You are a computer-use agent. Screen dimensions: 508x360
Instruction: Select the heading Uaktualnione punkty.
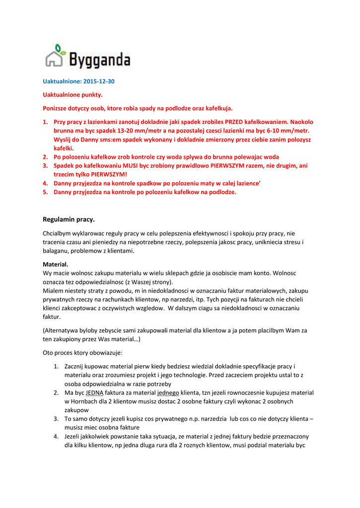[x=72, y=94]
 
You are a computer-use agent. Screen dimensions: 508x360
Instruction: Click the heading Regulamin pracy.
[x=69, y=219]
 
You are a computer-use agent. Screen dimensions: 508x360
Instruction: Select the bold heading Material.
[x=56, y=264]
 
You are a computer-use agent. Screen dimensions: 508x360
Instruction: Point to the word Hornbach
[x=82, y=401]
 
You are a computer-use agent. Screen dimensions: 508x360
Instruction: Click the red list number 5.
[x=44, y=192]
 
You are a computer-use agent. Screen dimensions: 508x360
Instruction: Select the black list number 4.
[x=56, y=436]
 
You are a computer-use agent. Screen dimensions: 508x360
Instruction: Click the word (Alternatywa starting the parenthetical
[x=63, y=330]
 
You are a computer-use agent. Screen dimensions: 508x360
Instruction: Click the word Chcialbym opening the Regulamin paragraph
[x=58, y=233]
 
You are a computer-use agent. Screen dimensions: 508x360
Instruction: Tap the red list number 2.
[x=44, y=157]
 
